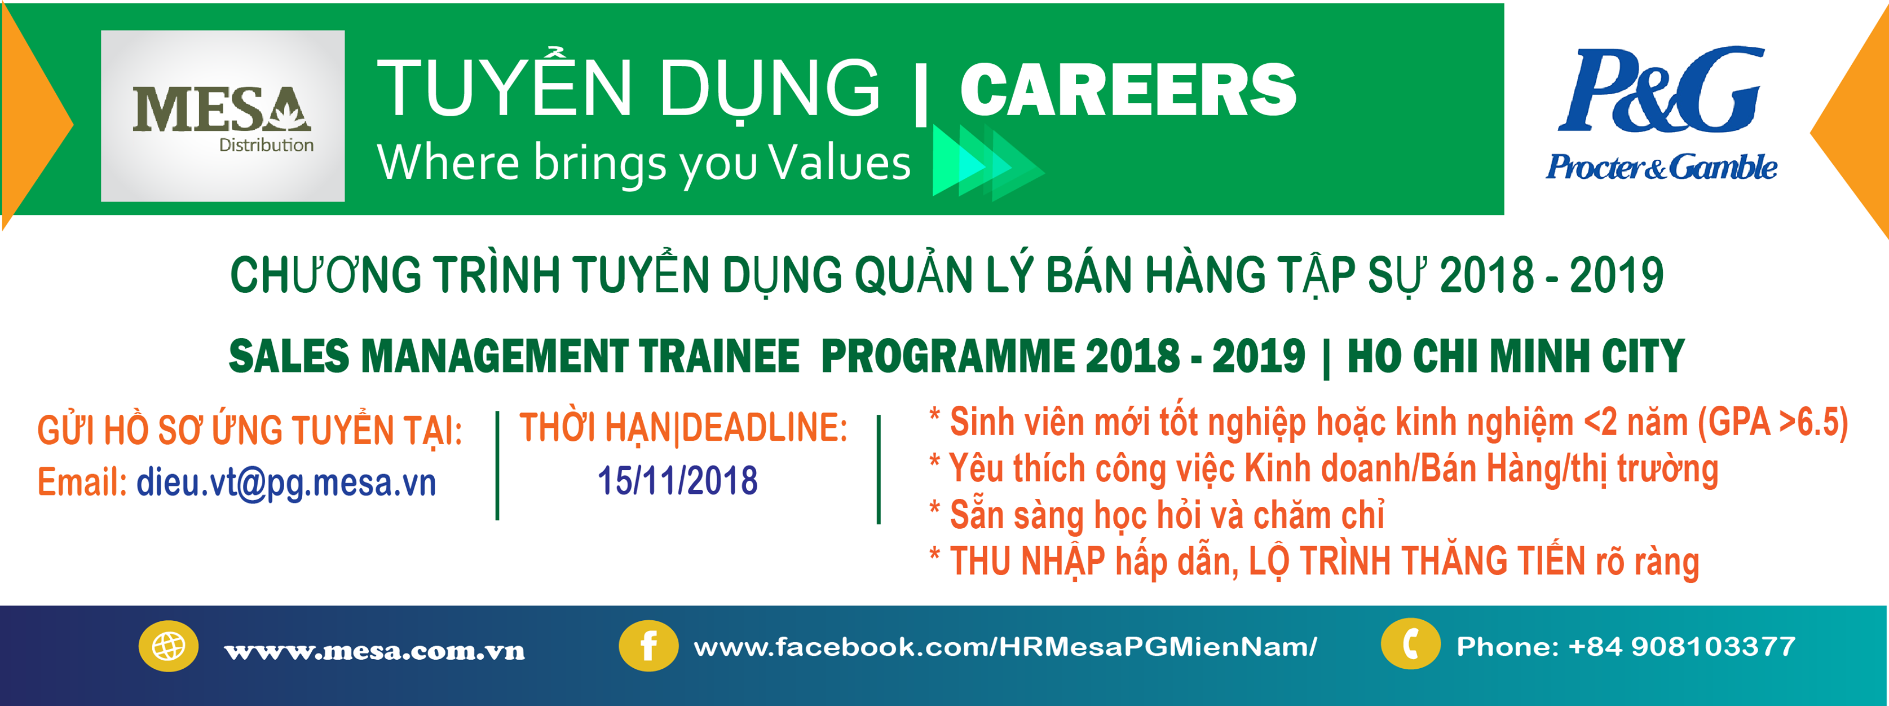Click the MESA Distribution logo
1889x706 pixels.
click(x=222, y=116)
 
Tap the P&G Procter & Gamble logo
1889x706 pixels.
click(x=1662, y=114)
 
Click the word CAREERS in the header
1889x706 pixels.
click(x=1128, y=90)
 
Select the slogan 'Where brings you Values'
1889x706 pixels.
click(x=643, y=163)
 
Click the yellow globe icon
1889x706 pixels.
click(x=169, y=647)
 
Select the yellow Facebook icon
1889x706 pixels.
click(x=648, y=647)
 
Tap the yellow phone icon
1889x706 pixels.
click(x=1410, y=644)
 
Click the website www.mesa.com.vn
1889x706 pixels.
click(x=375, y=650)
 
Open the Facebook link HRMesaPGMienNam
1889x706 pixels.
click(x=1005, y=647)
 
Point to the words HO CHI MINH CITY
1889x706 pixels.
click(x=1516, y=357)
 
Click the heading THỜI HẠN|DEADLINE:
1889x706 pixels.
click(x=683, y=428)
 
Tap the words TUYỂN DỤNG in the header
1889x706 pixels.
click(x=628, y=89)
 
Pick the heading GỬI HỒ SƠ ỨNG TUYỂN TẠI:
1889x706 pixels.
click(x=250, y=430)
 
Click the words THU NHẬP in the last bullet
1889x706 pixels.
click(x=1027, y=562)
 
